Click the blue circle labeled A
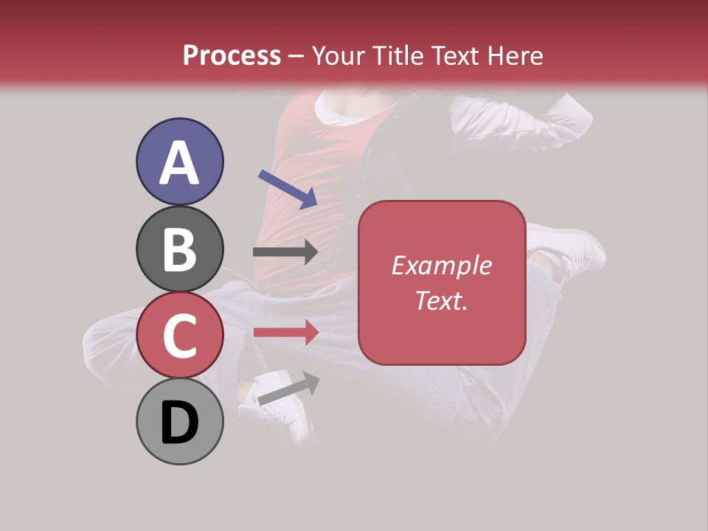point(180,162)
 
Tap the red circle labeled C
point(180,335)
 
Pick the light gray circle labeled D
point(180,421)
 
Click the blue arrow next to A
point(288,189)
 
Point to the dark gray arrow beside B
point(285,251)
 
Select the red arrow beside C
point(286,332)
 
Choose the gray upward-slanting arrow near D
point(288,389)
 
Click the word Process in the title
point(232,55)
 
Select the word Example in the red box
point(441,265)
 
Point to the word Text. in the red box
point(441,300)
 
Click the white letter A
point(180,163)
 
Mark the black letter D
point(180,423)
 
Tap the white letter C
point(180,336)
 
